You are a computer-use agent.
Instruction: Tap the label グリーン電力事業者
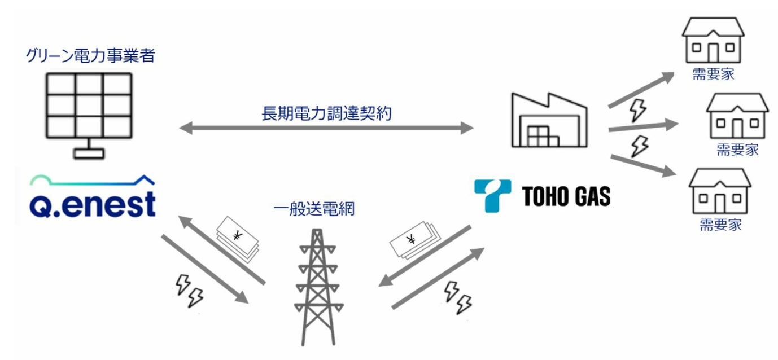click(x=90, y=56)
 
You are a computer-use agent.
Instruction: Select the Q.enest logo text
click(x=93, y=205)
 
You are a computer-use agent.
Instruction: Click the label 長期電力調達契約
click(x=327, y=113)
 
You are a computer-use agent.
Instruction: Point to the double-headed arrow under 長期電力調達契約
click(x=326, y=129)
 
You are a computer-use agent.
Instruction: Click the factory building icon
click(x=545, y=121)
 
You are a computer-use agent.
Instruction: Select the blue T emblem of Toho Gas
click(x=492, y=195)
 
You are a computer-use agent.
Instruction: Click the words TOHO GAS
click(x=566, y=196)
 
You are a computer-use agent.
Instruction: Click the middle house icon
click(x=737, y=116)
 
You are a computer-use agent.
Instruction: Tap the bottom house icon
click(x=719, y=192)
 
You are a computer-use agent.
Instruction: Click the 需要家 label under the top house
click(x=713, y=74)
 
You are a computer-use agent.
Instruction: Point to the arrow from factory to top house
click(x=641, y=90)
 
